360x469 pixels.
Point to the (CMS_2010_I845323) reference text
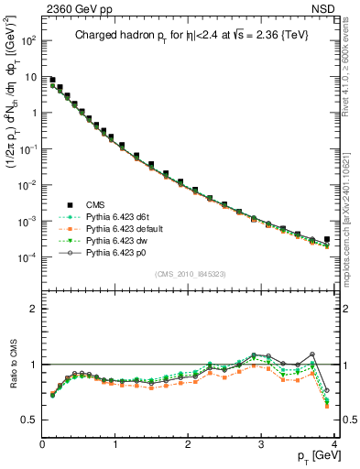pos(190,274)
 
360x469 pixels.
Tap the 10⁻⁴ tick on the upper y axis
pos(28,257)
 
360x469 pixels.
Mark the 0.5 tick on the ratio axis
pos(28,420)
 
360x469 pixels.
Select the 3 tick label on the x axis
pos(261,443)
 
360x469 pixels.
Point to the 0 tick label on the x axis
pos(42,443)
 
